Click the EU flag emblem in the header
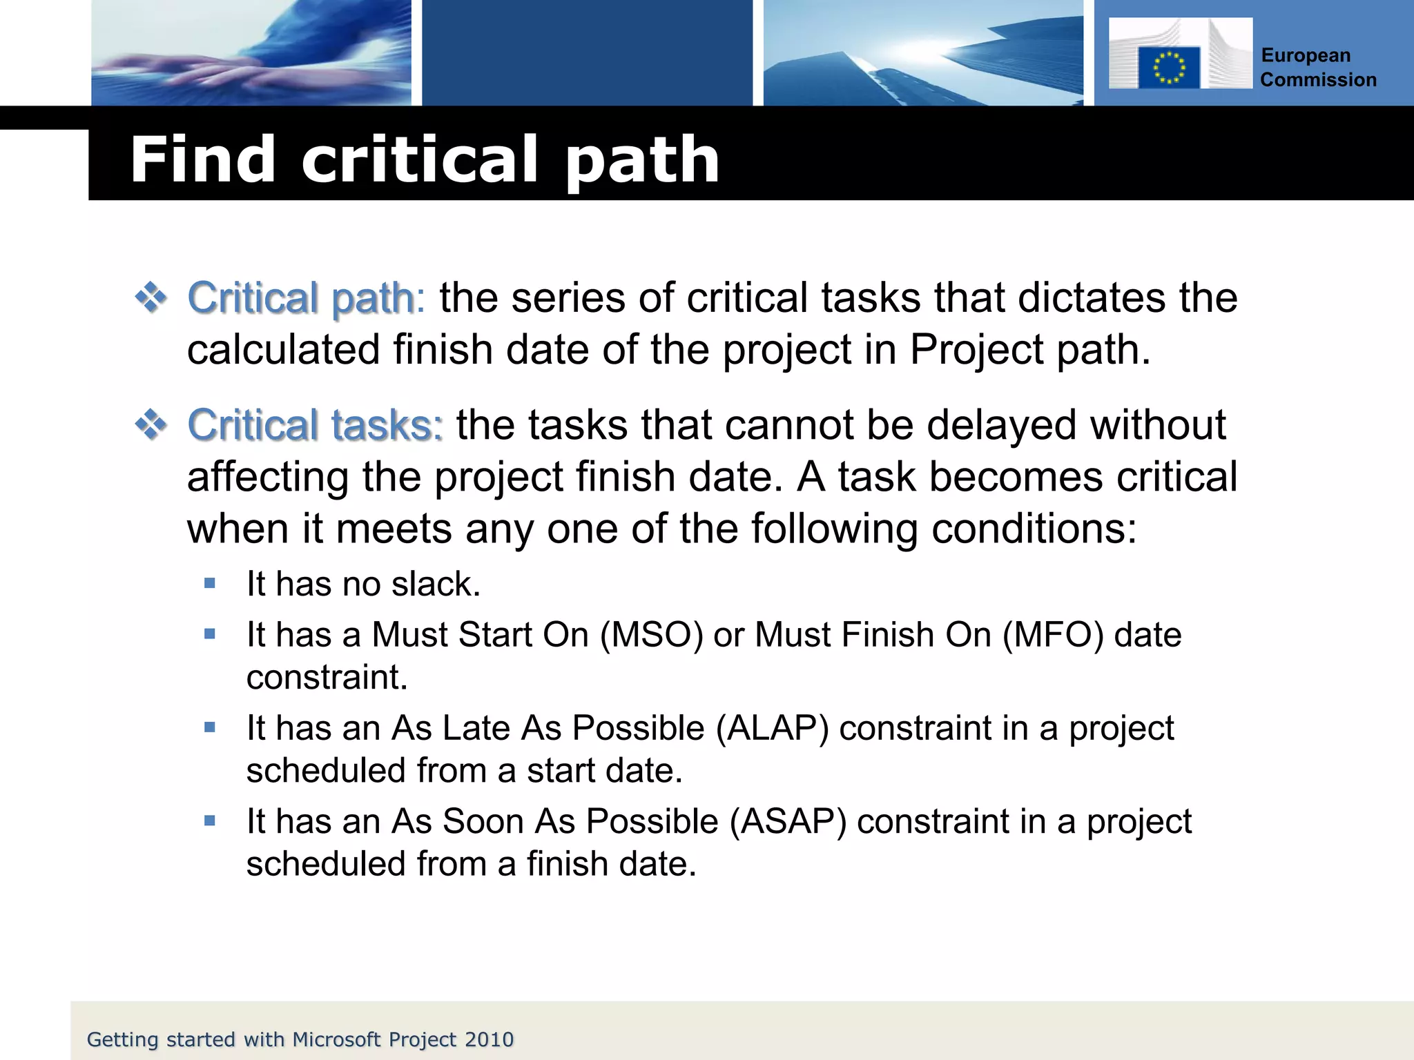[1168, 68]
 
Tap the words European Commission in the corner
[1317, 68]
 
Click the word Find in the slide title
[202, 160]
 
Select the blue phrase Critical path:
[307, 299]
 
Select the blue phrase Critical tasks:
[315, 425]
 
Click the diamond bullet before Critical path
[151, 299]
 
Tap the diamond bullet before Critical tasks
[151, 425]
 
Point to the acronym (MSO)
[651, 635]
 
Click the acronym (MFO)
[1053, 635]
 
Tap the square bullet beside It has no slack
[211, 584]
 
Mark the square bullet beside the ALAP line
[211, 727]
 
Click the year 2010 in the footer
[489, 1039]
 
